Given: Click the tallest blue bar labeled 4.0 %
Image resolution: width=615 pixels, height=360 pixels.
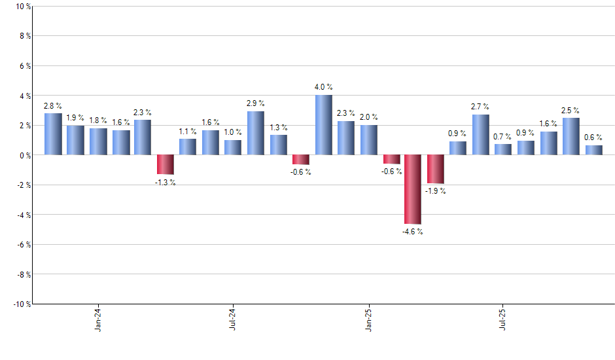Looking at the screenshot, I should (x=323, y=125).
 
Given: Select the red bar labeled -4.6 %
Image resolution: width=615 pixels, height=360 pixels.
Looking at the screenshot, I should (x=413, y=189).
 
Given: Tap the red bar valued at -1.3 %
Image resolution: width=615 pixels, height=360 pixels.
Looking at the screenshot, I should (x=165, y=164).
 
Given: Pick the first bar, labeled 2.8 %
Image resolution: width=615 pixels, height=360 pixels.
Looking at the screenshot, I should (x=53, y=134).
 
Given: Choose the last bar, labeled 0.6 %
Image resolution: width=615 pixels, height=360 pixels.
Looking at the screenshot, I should (x=593, y=150).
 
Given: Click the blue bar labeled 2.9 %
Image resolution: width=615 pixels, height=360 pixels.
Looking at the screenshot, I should (x=255, y=133).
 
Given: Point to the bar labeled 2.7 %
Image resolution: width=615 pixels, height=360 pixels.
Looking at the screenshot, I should (x=480, y=135).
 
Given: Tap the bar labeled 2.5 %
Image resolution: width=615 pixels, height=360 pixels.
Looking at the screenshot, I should (x=571, y=136).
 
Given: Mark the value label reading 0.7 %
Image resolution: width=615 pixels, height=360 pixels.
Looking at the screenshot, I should (x=502, y=137).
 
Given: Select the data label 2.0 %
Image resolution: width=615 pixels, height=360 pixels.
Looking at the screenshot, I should (x=368, y=117).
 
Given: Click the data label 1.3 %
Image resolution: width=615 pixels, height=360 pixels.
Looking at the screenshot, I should (x=278, y=128).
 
